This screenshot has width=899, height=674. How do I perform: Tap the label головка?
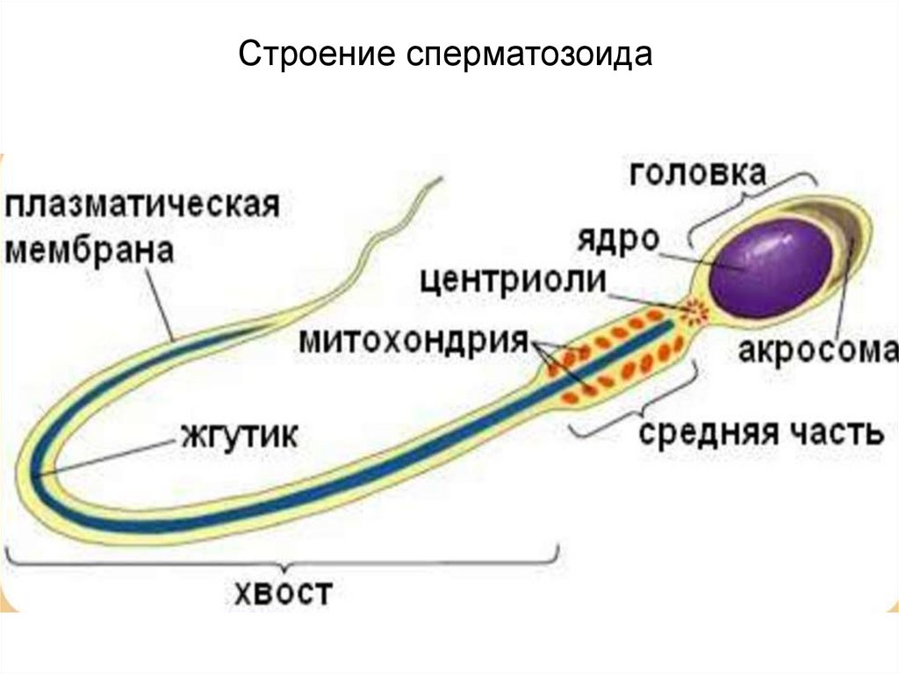click(x=697, y=172)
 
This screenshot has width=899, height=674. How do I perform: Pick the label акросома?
click(x=817, y=351)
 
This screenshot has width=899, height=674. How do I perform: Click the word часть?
click(x=833, y=433)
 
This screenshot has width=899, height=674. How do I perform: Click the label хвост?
click(x=284, y=593)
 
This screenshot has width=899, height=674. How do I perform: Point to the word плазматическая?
click(x=143, y=209)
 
